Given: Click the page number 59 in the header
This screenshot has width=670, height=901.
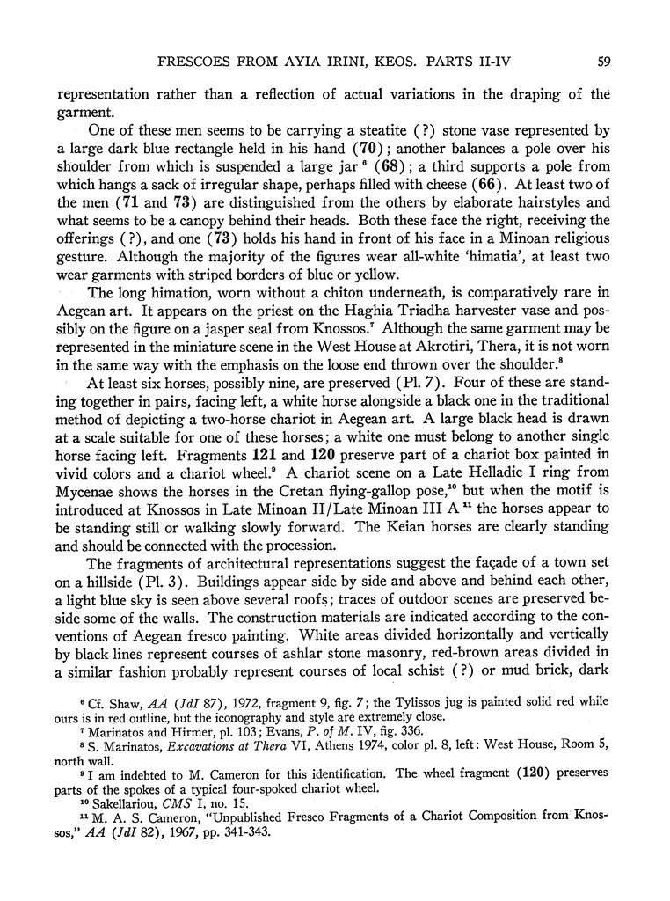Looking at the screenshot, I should (x=603, y=62).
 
